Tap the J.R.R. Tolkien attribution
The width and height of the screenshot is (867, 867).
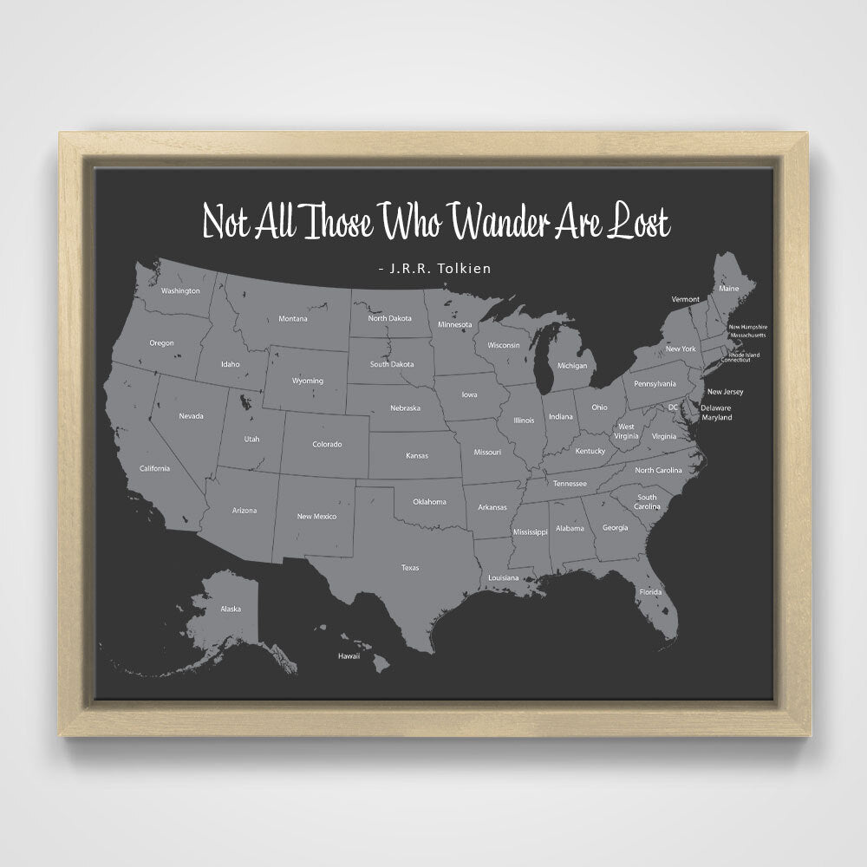point(435,269)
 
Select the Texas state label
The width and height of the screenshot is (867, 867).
point(410,568)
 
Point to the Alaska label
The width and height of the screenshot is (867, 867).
point(231,609)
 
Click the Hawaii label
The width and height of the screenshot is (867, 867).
point(349,656)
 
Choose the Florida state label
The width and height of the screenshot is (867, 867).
point(651,592)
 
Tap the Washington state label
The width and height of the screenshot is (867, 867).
point(180,290)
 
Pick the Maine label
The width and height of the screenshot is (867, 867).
point(729,288)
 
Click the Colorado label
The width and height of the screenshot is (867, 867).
point(327,445)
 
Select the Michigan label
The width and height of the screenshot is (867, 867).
point(571,366)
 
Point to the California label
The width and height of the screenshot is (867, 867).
point(155,468)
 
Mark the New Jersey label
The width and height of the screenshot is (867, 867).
point(725,392)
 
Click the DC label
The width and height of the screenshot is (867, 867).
point(673,407)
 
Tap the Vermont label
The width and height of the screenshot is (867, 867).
point(685,299)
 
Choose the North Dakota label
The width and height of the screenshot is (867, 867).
point(389,318)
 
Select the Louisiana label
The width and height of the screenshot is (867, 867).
point(503,577)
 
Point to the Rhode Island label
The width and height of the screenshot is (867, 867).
point(743,354)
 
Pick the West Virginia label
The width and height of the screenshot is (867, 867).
point(625,431)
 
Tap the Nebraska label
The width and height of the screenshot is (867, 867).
point(405,407)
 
